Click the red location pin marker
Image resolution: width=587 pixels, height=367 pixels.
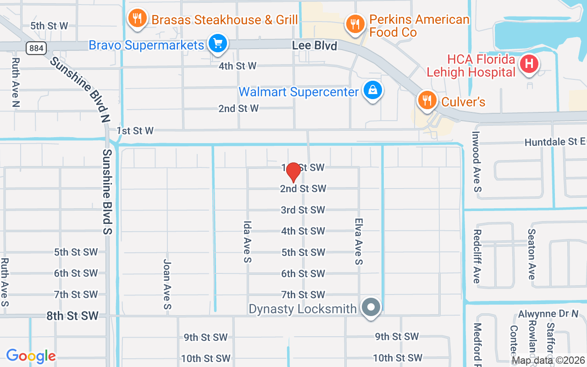[x=293, y=172]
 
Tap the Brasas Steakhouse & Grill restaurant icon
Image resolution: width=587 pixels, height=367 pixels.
[x=137, y=19]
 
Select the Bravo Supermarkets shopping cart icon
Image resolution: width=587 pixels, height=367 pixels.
[x=217, y=44]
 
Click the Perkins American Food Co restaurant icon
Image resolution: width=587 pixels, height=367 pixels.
[x=354, y=23]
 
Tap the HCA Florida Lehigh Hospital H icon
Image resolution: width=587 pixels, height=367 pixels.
[x=529, y=64]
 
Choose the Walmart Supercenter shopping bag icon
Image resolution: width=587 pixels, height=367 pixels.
[x=373, y=91]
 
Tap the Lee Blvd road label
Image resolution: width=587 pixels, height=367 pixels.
[x=315, y=46]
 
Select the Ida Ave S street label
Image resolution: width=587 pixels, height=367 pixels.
[x=248, y=242]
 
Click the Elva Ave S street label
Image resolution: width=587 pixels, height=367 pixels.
[x=359, y=241]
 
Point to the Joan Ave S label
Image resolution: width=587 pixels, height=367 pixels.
[x=167, y=284]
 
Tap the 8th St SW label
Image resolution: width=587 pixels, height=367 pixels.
[x=72, y=316]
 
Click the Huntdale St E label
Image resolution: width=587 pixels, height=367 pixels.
[x=555, y=142]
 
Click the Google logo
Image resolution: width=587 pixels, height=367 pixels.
[x=31, y=356]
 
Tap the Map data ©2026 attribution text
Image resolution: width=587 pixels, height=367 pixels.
[x=548, y=361]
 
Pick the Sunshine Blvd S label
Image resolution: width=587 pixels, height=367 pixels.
[x=108, y=191]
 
